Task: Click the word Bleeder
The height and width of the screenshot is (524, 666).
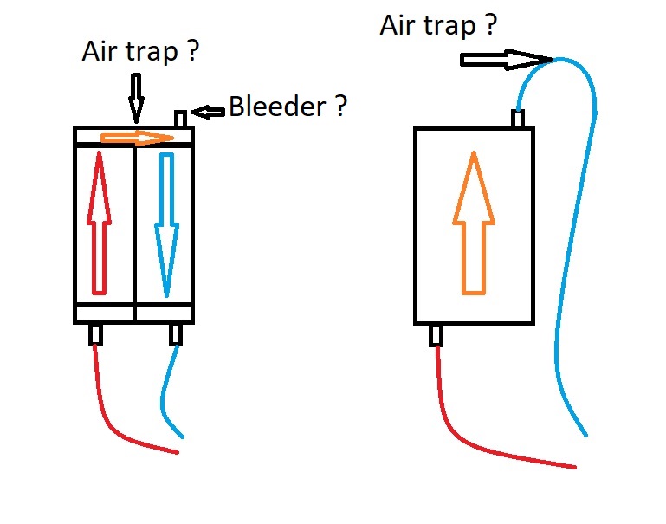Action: [277, 107]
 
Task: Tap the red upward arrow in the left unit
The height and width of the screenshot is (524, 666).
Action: [99, 223]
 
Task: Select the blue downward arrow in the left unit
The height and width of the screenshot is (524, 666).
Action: [166, 225]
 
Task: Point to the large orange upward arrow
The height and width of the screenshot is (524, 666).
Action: [474, 223]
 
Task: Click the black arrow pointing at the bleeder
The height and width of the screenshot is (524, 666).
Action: [208, 112]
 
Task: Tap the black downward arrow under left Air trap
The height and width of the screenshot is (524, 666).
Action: [136, 99]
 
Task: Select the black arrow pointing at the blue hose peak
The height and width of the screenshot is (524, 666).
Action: [507, 60]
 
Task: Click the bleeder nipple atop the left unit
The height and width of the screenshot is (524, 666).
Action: [180, 119]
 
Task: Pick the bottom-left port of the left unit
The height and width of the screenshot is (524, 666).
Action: [96, 334]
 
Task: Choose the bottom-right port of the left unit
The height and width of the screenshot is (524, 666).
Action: [176, 334]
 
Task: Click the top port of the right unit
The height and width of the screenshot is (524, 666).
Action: [517, 119]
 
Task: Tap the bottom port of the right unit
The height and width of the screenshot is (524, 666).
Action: [436, 335]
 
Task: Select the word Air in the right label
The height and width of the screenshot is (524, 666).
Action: [398, 25]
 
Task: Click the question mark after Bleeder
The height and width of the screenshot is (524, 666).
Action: [341, 107]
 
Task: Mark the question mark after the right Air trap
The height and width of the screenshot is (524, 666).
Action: [490, 25]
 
